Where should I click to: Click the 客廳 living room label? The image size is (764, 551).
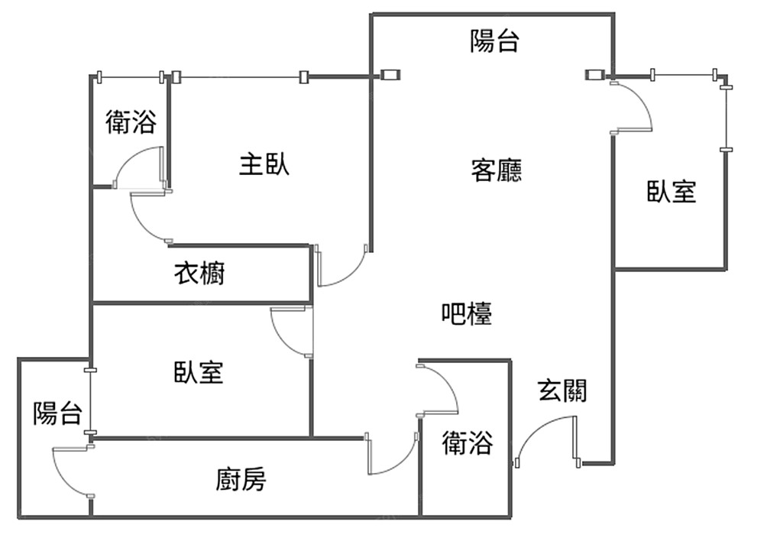497,170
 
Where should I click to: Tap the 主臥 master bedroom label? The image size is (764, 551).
264,164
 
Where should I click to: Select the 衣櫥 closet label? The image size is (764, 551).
200,273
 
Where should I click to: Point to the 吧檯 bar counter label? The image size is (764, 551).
467,313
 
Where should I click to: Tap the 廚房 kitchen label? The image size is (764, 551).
241,480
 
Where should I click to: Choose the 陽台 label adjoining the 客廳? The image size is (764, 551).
494,41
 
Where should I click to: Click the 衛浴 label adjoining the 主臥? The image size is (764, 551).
131,122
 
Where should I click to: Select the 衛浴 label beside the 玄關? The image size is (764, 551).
468,443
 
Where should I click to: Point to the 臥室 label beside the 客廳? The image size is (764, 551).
672,191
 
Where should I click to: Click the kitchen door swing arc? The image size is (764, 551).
394,455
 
